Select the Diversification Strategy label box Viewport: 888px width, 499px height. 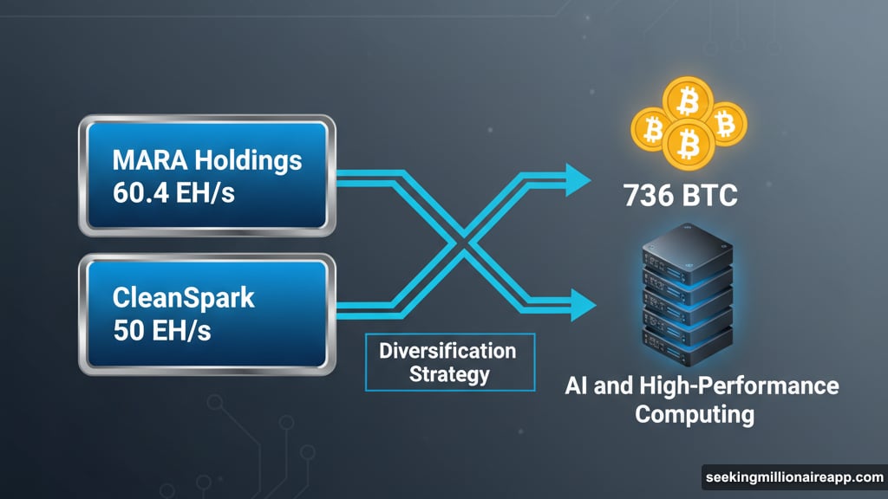coord(447,363)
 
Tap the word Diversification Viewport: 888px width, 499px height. coord(447,351)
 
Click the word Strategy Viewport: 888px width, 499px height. coord(447,375)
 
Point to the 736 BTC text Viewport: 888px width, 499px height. coord(681,195)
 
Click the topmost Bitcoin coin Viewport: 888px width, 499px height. coord(688,102)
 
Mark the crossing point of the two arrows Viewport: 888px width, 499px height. coord(464,242)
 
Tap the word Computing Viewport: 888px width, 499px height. coord(694,413)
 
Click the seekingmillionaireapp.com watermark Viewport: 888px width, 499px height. coord(793,477)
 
